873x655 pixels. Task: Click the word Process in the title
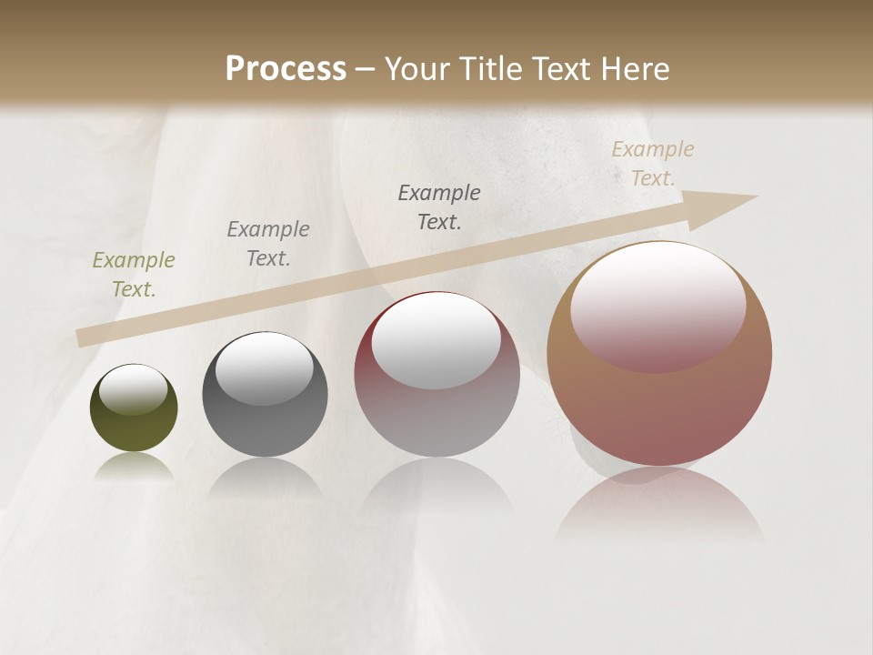pos(286,69)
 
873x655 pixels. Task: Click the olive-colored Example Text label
pos(134,275)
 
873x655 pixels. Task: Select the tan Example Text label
pos(653,164)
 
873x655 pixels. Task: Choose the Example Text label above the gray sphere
pos(268,244)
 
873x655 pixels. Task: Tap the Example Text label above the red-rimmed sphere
pos(439,207)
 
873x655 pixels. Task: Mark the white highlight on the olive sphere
pos(133,389)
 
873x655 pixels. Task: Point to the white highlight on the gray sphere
pos(265,368)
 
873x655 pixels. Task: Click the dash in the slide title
pos(366,70)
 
